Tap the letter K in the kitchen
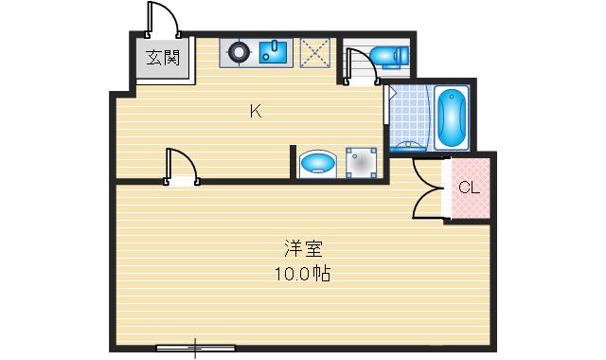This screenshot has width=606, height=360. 255,111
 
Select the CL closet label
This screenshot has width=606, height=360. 469,187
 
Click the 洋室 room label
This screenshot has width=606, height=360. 304,251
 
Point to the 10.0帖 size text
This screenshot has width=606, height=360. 304,276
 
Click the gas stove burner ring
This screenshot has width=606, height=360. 239,52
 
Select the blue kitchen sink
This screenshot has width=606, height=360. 276,52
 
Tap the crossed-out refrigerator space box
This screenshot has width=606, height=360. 313,52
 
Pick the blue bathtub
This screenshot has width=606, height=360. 452,117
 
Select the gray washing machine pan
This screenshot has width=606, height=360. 361,163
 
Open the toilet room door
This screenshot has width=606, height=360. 359,69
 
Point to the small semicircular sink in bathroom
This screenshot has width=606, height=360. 410,145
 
